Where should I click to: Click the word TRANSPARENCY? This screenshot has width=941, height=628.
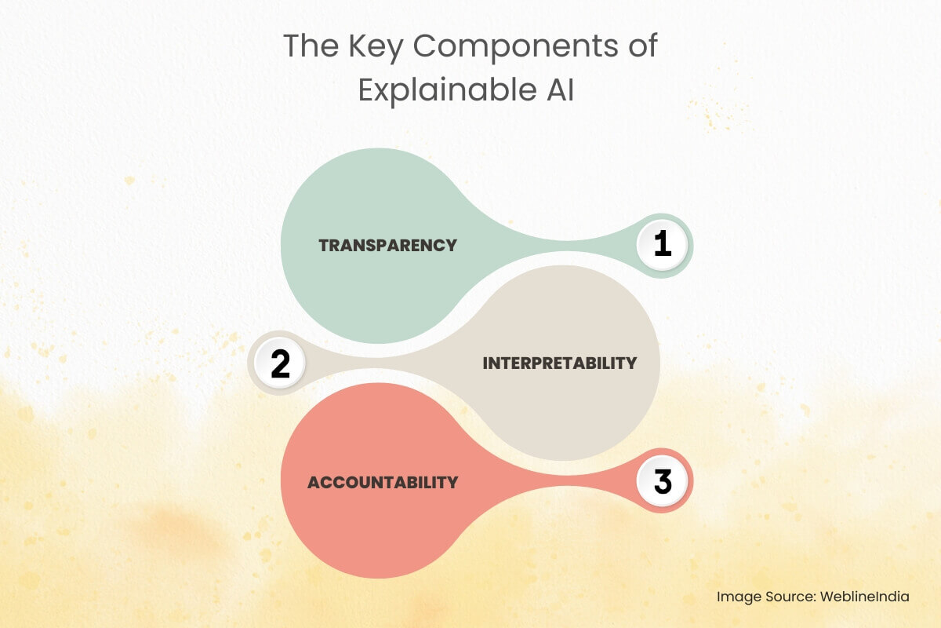[387, 245]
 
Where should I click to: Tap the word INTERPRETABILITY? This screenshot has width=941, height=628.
[559, 363]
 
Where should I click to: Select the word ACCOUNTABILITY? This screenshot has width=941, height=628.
[382, 482]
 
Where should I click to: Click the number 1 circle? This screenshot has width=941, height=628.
[663, 245]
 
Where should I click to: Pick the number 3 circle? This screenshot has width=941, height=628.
[663, 481]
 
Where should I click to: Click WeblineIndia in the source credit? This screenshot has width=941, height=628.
[865, 597]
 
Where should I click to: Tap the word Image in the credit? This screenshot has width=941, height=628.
[738, 597]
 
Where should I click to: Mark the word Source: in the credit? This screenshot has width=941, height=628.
[790, 597]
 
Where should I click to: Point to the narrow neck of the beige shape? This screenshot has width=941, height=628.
[353, 363]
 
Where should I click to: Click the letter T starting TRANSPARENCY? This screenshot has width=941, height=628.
[324, 245]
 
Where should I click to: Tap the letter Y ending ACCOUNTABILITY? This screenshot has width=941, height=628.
[452, 482]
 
